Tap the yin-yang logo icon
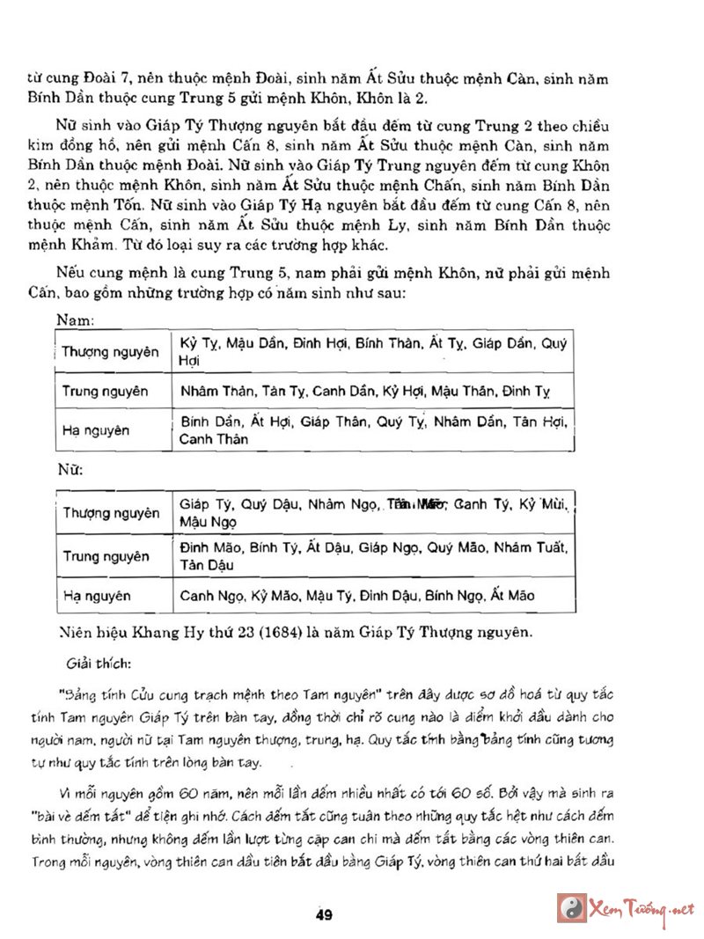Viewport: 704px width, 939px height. coord(573,908)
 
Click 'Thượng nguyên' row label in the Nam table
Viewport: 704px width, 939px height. coord(110,352)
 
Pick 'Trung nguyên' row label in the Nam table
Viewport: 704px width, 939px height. coord(105,391)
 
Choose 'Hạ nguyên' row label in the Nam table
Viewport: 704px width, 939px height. coord(95,430)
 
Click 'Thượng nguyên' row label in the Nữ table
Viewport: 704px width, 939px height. coord(111,512)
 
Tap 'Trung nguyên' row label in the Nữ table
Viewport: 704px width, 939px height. coord(106,555)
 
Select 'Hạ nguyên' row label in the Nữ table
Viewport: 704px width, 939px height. coord(96,596)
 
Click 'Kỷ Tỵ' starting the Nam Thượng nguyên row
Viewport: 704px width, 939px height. coord(196,342)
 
